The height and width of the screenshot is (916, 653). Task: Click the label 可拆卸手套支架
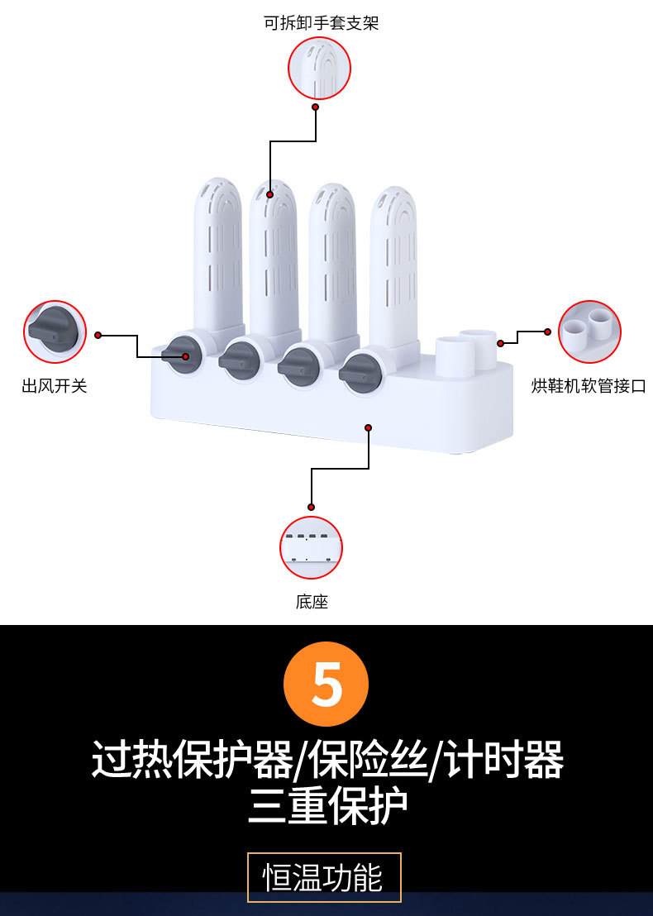click(321, 22)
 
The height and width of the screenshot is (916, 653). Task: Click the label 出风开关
click(54, 385)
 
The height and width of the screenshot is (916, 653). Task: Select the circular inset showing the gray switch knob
click(55, 332)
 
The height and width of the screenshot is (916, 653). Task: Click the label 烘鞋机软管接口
click(588, 386)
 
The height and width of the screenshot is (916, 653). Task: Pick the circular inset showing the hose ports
click(589, 332)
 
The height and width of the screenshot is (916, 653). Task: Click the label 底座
click(312, 602)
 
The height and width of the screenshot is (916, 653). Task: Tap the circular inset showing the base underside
click(311, 548)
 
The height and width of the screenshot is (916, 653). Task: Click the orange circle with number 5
click(326, 684)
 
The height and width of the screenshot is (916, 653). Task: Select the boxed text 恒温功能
click(324, 877)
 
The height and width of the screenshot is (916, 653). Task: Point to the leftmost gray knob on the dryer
click(182, 356)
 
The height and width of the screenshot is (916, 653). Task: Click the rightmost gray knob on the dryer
click(361, 374)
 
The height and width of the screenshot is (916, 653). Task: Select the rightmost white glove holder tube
click(393, 265)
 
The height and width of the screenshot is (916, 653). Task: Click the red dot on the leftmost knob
click(186, 356)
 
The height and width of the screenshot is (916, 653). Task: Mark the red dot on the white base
click(369, 427)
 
